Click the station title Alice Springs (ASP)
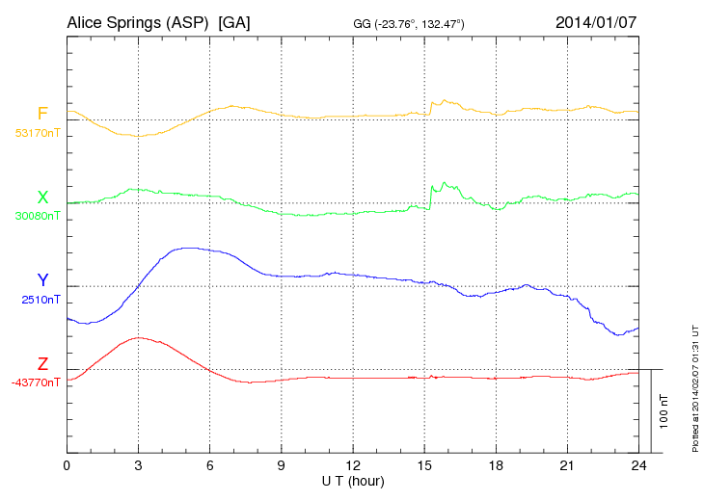pyautogui.click(x=139, y=22)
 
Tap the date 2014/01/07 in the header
pyautogui.click(x=596, y=22)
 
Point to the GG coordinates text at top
pyautogui.click(x=410, y=23)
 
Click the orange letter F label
pyautogui.click(x=42, y=115)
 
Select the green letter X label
pyautogui.click(x=42, y=198)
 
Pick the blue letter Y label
pyautogui.click(x=42, y=280)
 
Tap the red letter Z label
pyautogui.click(x=42, y=364)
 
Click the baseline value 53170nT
pyautogui.click(x=37, y=133)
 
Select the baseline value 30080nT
pyautogui.click(x=37, y=216)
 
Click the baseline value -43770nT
pyautogui.click(x=36, y=382)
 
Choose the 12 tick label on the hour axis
pyautogui.click(x=353, y=466)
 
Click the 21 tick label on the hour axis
pyautogui.click(x=567, y=466)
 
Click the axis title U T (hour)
pyautogui.click(x=353, y=480)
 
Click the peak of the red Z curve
pyautogui.click(x=139, y=337)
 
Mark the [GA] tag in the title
pyautogui.click(x=234, y=22)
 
